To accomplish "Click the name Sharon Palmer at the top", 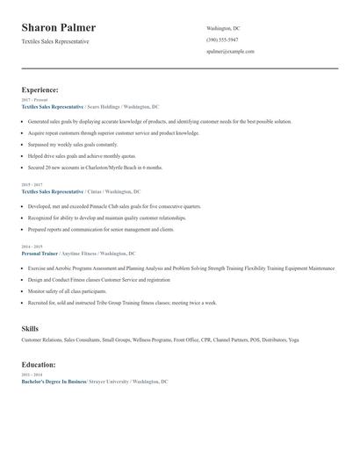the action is coord(59,28).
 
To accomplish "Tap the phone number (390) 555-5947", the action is coord(222,39).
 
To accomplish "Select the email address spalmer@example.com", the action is coord(230,51).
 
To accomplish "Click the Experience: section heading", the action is coord(40,89).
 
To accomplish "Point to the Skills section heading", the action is coord(30,328).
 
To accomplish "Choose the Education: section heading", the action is coord(40,364).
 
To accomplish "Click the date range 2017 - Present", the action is coord(34,100).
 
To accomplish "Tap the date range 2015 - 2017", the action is coord(32,185).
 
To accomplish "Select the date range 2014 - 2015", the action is coord(32,247).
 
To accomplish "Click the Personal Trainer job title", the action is coord(39,254).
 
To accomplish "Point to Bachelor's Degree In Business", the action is coord(53,382).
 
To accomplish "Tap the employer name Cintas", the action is coord(95,191).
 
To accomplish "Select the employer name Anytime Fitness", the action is coord(82,254).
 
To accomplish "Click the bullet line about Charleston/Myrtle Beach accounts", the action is coord(96,167).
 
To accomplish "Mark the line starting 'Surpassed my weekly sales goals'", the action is coord(73,143).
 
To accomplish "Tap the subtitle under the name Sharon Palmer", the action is coord(55,41).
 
